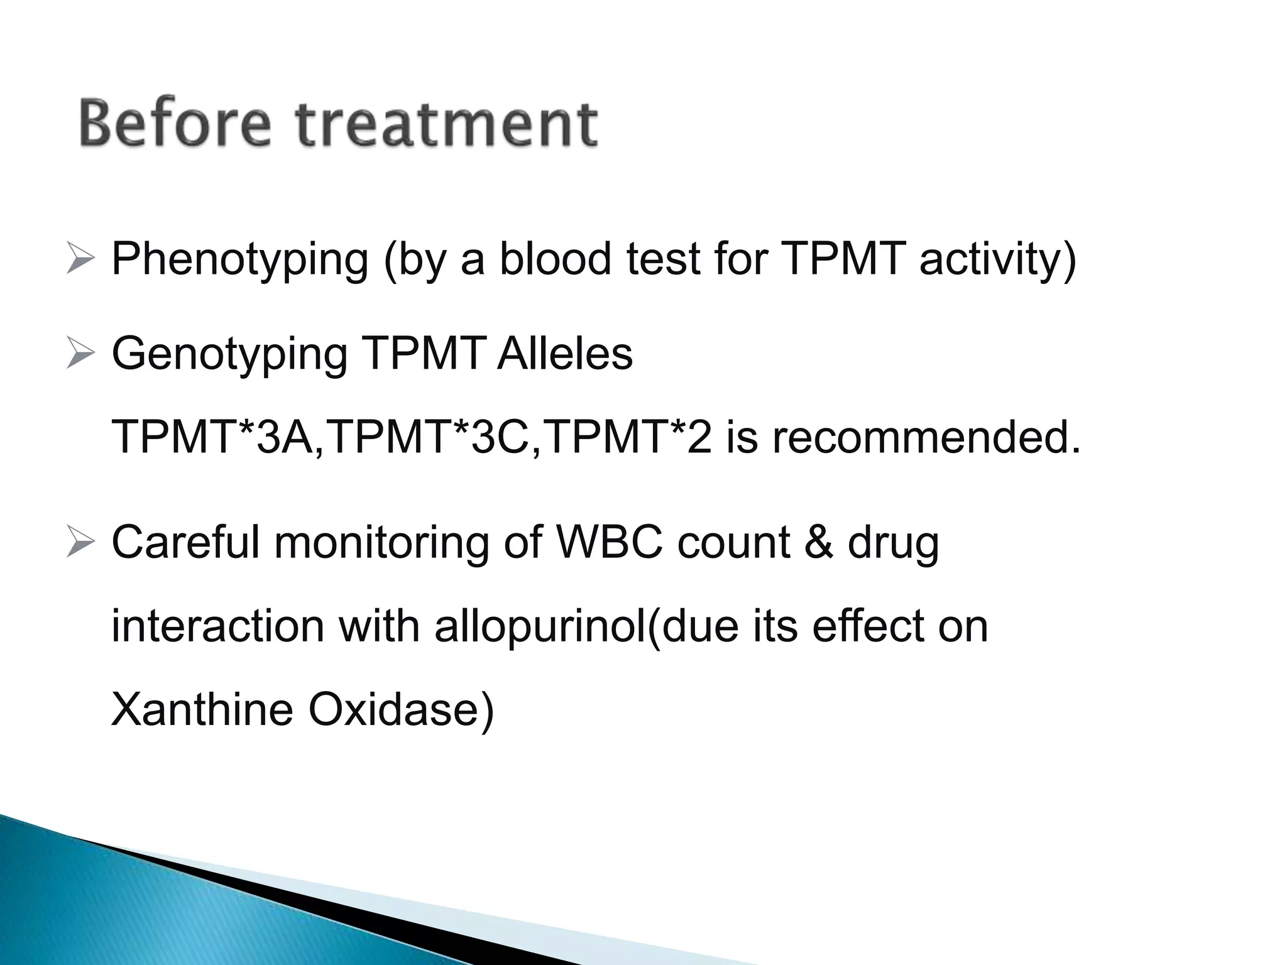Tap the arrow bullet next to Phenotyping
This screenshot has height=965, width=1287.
coord(80,260)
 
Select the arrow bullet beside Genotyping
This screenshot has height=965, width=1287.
coord(80,354)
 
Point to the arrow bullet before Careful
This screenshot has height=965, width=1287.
coord(80,543)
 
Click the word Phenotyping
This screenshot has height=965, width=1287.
coord(239,260)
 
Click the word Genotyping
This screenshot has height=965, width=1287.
coord(229,354)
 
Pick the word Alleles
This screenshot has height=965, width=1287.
coord(564,353)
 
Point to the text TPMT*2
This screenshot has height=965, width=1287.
coord(628,438)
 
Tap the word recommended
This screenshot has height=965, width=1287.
coord(926,438)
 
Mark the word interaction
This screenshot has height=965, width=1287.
coord(217,626)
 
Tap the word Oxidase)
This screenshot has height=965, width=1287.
coord(400,710)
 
